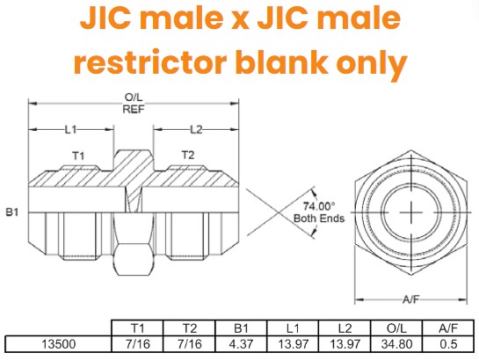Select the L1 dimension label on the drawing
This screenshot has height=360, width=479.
[72, 130]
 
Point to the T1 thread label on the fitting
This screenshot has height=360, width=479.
[77, 155]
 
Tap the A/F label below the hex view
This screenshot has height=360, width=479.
[410, 299]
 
